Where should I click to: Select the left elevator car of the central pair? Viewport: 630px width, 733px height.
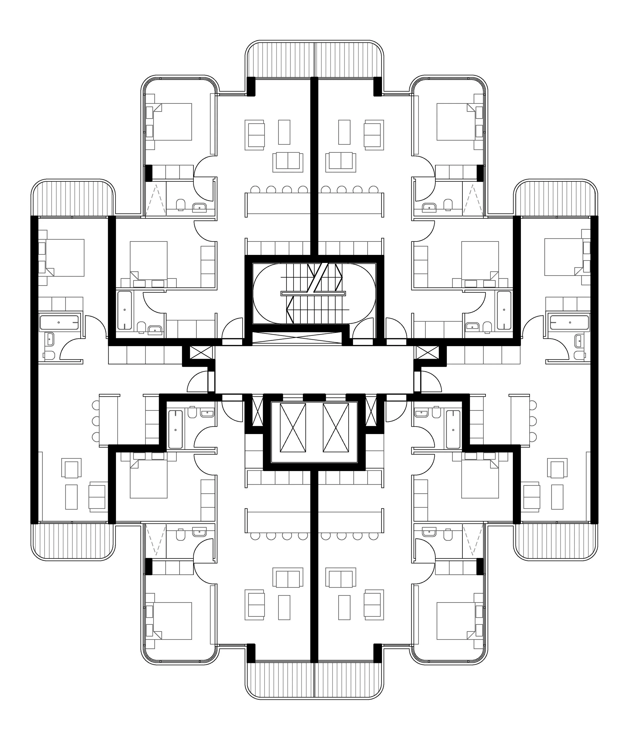coord(293,427)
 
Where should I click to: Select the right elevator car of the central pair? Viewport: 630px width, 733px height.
coord(336,427)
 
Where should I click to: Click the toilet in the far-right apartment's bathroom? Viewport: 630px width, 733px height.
coord(578,355)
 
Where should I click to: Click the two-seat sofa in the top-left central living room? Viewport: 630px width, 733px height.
coord(288,162)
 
